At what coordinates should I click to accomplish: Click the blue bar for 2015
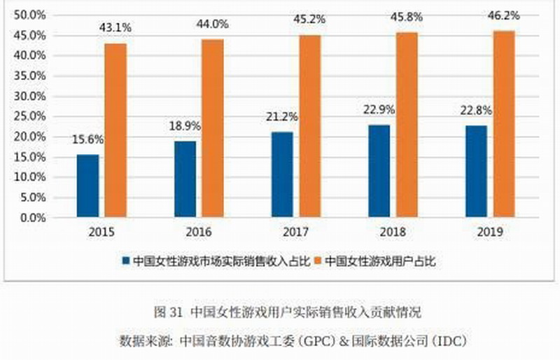(x=87, y=186)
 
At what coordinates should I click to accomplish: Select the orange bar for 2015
(x=116, y=131)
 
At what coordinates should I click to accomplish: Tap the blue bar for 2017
(x=282, y=175)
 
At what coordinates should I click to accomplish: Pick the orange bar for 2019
(x=505, y=125)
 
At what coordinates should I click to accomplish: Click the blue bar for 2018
(x=379, y=172)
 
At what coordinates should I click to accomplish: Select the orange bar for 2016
(x=213, y=129)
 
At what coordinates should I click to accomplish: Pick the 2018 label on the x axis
(x=393, y=232)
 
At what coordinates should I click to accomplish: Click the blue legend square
(x=126, y=261)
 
